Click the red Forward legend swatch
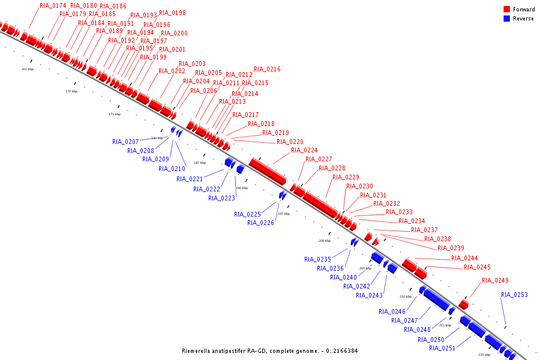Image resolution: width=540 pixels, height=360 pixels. tap(507, 9)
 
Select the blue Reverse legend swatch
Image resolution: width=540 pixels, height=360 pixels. tap(507, 19)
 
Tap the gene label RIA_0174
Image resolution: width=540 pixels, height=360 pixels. tap(53, 5)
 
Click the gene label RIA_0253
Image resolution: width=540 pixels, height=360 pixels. tap(514, 295)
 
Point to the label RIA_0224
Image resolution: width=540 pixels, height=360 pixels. tap(304, 150)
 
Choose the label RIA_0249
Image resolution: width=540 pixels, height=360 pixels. tap(495, 280)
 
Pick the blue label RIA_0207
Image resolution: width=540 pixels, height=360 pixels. tap(125, 142)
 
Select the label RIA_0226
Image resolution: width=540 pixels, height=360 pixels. tap(260, 223)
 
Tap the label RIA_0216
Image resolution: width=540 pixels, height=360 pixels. tap(267, 70)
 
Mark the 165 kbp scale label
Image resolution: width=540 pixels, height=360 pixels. tap(28, 69)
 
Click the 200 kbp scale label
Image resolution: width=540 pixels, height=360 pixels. tap(324, 241)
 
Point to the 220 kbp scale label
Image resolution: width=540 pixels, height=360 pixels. tap(484, 355)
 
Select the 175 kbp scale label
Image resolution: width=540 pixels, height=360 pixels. tap(114, 114)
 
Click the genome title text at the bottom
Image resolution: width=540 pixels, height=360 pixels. tap(269, 351)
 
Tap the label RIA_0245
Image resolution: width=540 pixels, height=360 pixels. tap(477, 267)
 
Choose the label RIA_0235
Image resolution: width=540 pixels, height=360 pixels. tap(317, 259)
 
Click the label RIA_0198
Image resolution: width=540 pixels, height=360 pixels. tap(172, 13)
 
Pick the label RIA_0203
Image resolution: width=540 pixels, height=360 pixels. tap(192, 64)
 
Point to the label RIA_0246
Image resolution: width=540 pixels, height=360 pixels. tap(392, 311)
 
